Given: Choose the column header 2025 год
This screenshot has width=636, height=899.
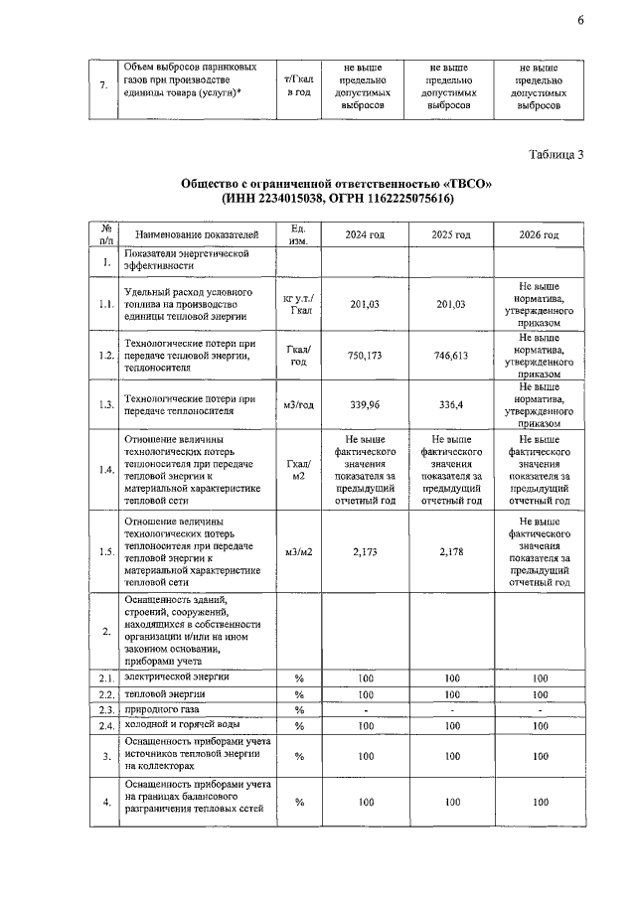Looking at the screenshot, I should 451,234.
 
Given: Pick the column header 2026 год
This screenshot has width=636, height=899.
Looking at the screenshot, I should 540,234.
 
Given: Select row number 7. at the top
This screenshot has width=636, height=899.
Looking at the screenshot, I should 104,85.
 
